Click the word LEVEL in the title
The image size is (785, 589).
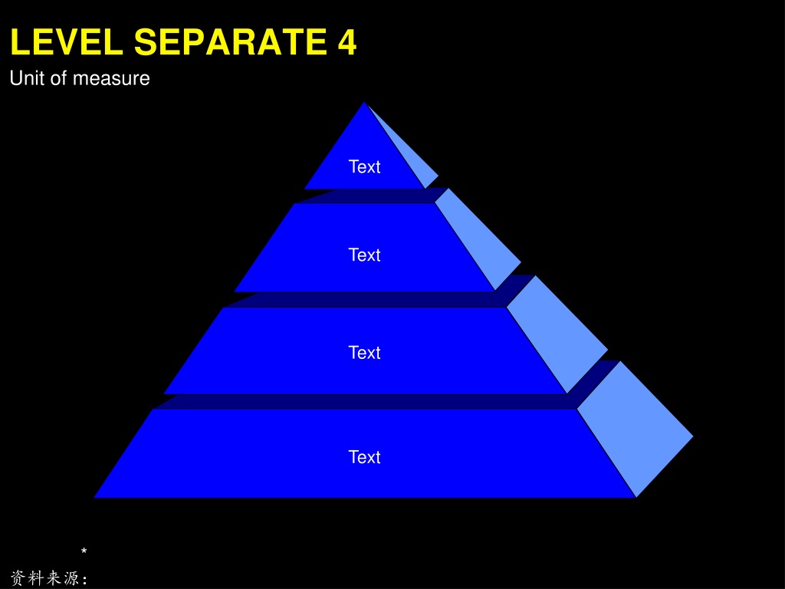[67, 41]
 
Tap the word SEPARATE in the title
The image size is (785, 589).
[230, 41]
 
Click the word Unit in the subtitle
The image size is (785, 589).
[25, 78]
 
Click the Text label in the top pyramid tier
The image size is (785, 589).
[364, 166]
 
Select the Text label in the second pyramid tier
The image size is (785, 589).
[364, 255]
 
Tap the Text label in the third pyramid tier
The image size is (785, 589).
[364, 353]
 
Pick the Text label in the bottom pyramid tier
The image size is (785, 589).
[364, 457]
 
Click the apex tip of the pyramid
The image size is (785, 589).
[364, 103]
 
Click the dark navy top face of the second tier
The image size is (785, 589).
[370, 196]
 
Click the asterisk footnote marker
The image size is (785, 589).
[84, 551]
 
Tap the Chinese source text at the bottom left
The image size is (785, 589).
[49, 578]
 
